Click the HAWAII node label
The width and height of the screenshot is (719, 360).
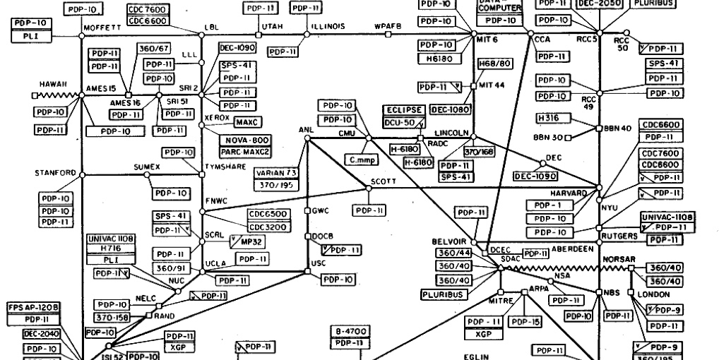coord(53,83)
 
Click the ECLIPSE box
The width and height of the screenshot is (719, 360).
coord(404,110)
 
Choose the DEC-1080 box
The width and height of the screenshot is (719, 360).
coord(450,110)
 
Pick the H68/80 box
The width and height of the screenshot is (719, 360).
coord(494,64)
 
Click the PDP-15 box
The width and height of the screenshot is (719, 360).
coord(526,322)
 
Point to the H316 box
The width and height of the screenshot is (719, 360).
coord(549,117)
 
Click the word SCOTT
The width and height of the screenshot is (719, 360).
coord(383,181)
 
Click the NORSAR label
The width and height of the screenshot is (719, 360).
coord(619,259)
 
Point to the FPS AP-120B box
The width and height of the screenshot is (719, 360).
coord(33,308)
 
